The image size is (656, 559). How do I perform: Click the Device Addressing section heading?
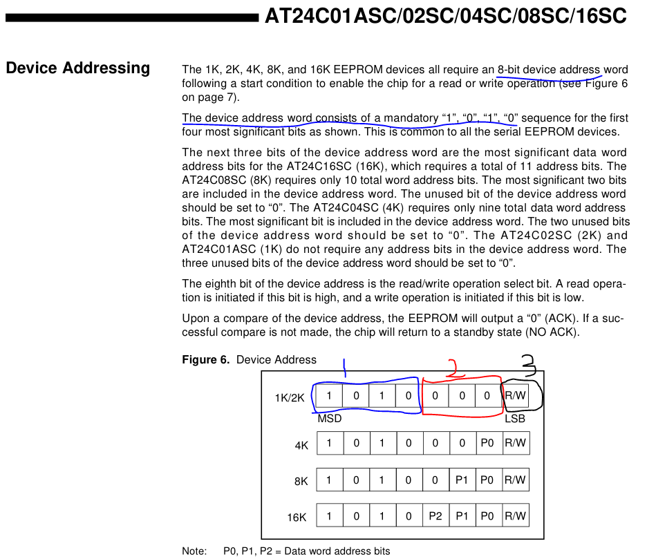tap(77, 68)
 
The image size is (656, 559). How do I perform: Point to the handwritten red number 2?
tap(453, 367)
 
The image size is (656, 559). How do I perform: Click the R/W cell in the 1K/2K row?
tap(516, 396)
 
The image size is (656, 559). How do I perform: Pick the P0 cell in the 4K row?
tap(489, 444)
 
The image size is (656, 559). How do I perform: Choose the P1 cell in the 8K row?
tap(462, 480)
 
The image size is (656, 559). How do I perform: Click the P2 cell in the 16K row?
tap(435, 515)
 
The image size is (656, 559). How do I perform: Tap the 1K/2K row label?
tap(290, 398)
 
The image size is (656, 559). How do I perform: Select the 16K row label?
tap(297, 518)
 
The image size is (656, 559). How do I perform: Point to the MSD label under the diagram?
tap(330, 419)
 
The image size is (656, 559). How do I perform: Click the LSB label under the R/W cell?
tap(515, 419)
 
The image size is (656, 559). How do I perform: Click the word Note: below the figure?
tap(194, 551)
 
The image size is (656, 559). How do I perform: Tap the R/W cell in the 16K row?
tap(516, 515)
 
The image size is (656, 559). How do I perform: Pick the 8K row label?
tap(301, 482)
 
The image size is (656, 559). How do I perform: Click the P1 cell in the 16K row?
tap(462, 515)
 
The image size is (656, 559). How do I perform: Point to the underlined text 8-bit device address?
tap(550, 69)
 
